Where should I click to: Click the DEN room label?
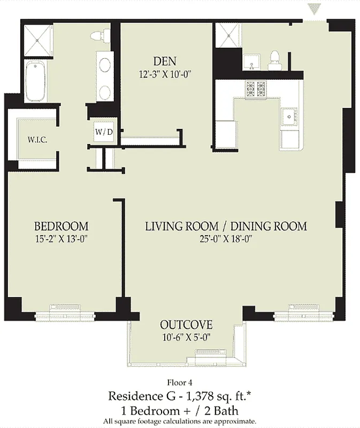coord(165,61)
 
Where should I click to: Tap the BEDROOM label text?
coord(61,226)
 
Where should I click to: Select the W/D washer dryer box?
coord(104,132)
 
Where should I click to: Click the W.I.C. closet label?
coord(37,140)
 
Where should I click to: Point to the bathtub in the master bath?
coord(35,81)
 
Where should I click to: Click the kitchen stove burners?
coord(256,89)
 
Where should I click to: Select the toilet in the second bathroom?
coord(274,60)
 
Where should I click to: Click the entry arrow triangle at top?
coord(315,9)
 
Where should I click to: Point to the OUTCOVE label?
coord(186,325)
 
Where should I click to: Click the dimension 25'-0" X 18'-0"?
coord(226,239)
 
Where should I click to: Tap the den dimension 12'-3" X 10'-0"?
coord(165,74)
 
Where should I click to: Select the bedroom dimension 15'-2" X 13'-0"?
coord(61,239)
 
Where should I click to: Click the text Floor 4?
coord(180,383)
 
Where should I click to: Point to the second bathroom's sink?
coord(252,62)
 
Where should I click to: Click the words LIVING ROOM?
coord(182,226)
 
